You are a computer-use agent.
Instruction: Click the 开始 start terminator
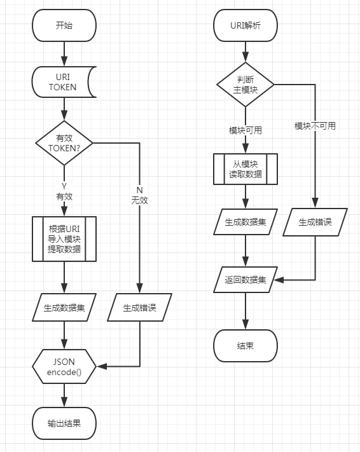click(64, 25)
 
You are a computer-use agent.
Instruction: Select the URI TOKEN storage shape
click(64, 82)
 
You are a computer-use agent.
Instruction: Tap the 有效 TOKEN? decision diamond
click(64, 143)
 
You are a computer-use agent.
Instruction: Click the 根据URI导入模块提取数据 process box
click(64, 239)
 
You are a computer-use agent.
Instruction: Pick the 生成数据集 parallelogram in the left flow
click(64, 308)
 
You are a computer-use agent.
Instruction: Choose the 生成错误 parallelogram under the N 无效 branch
click(140, 308)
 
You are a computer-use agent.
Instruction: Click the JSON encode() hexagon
click(64, 367)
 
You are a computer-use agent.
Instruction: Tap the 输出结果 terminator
click(64, 423)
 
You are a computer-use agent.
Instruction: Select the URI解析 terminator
click(246, 25)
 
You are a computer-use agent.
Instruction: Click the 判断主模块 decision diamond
click(246, 85)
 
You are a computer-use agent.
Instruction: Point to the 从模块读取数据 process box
click(246, 169)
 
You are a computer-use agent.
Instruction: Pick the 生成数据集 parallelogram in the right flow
click(246, 222)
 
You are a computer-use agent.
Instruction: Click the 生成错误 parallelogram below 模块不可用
click(315, 222)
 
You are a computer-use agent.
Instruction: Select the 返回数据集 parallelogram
click(246, 280)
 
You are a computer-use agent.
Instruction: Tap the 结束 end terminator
click(246, 346)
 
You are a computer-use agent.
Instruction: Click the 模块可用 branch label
click(246, 130)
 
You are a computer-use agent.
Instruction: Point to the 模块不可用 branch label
click(315, 126)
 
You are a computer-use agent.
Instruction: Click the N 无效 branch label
click(140, 195)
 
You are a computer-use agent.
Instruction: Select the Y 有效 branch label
click(64, 191)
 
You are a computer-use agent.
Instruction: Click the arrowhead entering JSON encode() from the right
click(102, 367)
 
